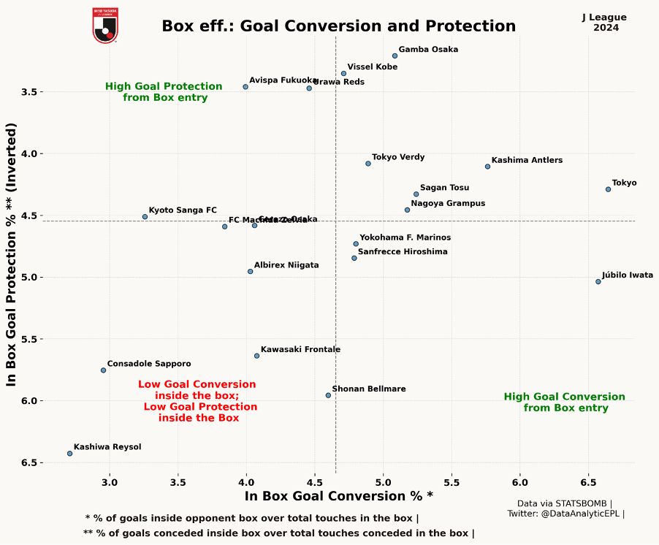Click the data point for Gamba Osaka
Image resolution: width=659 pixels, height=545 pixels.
pos(395,56)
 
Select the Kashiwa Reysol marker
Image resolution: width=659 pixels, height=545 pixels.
pos(69,454)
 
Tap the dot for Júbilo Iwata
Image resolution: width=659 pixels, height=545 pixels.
pos(598,281)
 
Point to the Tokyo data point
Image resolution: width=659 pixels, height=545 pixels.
pos(608,189)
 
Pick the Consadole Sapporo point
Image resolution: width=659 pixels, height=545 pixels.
pos(103,370)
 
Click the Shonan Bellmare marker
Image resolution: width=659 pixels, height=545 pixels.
pos(328,395)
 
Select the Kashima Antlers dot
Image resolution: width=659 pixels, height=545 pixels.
pos(487,167)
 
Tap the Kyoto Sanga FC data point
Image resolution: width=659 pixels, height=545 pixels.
pos(145,217)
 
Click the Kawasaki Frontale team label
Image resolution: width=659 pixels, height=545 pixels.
pos(300,349)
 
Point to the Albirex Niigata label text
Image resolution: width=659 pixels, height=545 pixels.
pos(286,265)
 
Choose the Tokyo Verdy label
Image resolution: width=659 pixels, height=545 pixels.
pos(398,157)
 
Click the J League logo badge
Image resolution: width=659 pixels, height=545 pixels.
pos(105,25)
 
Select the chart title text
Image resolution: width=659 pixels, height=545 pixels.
pos(338,26)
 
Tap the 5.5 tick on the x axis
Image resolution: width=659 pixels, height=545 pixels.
pos(452,483)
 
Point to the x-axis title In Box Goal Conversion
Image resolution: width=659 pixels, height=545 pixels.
pos(338,496)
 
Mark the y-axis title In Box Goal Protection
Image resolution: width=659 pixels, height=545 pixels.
pos(12,254)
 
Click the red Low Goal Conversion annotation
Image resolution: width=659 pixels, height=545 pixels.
pos(197,401)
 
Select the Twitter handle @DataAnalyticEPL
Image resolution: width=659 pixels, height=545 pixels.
pos(565,514)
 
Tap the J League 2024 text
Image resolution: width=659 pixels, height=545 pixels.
pos(606,23)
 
